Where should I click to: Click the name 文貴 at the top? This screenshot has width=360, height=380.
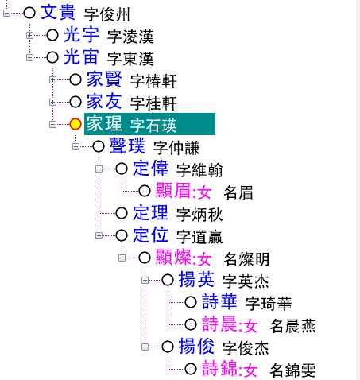tap(58, 13)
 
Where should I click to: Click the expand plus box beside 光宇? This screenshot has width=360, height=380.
tap(29, 35)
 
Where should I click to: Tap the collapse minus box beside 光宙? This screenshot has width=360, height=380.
tap(29, 57)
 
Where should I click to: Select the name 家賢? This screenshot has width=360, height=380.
tap(104, 79)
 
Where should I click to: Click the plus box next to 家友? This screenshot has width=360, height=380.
tap(52, 102)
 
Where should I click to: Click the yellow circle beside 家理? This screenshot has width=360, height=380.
tap(75, 124)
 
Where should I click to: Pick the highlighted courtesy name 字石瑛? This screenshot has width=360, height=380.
tap(153, 126)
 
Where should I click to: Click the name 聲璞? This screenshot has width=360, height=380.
tap(127, 146)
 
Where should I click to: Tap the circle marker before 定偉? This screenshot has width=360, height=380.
tap(122, 169)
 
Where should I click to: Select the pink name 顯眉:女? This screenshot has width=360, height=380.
tap(184, 191)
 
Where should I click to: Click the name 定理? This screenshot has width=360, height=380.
tap(150, 213)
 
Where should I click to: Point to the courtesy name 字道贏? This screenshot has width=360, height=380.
tap(199, 237)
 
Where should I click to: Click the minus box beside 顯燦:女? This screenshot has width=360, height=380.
tap(122, 258)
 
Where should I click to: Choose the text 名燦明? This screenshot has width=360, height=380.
tap(246, 259)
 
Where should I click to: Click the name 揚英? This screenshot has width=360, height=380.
tap(196, 280)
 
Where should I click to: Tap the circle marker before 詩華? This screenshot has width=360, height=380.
tap(191, 302)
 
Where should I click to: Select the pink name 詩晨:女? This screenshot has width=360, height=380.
tap(230, 324)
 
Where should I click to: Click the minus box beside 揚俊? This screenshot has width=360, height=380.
tap(145, 347)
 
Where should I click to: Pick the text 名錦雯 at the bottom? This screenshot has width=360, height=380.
tap(292, 370)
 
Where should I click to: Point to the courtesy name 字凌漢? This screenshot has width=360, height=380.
tap(130, 37)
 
